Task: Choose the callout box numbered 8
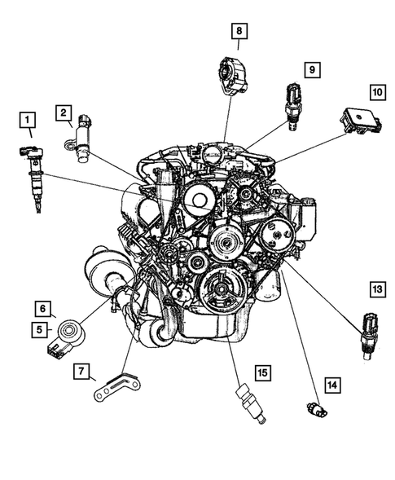click(x=239, y=32)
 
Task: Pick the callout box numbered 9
click(x=310, y=70)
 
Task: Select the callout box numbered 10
click(x=376, y=92)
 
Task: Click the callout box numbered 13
click(x=376, y=288)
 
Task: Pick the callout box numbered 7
click(x=81, y=372)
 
